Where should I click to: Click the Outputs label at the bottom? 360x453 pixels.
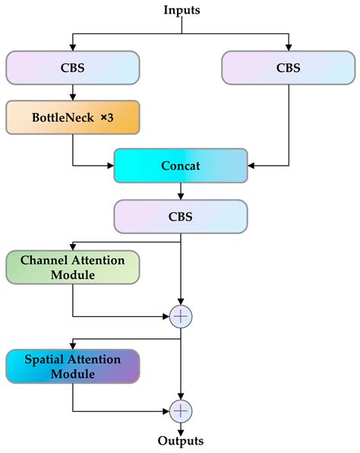point(180,441)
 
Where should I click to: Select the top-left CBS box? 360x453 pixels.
point(73,68)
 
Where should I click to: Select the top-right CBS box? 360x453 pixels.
point(289,68)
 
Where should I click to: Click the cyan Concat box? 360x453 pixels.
point(180,165)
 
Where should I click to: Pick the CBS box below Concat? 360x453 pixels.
point(180,216)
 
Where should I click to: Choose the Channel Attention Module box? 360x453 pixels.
point(73,268)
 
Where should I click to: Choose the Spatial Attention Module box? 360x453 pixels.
point(73,366)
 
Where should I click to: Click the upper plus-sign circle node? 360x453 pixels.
point(181,315)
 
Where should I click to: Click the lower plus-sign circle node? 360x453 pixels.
point(181,411)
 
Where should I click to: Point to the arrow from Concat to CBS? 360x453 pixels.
point(180,191)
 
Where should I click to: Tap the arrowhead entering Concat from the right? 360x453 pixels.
point(253,165)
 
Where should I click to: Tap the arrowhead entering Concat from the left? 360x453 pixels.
point(109,165)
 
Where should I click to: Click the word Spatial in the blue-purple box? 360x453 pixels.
point(43,359)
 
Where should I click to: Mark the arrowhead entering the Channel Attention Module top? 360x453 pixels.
point(73,247)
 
